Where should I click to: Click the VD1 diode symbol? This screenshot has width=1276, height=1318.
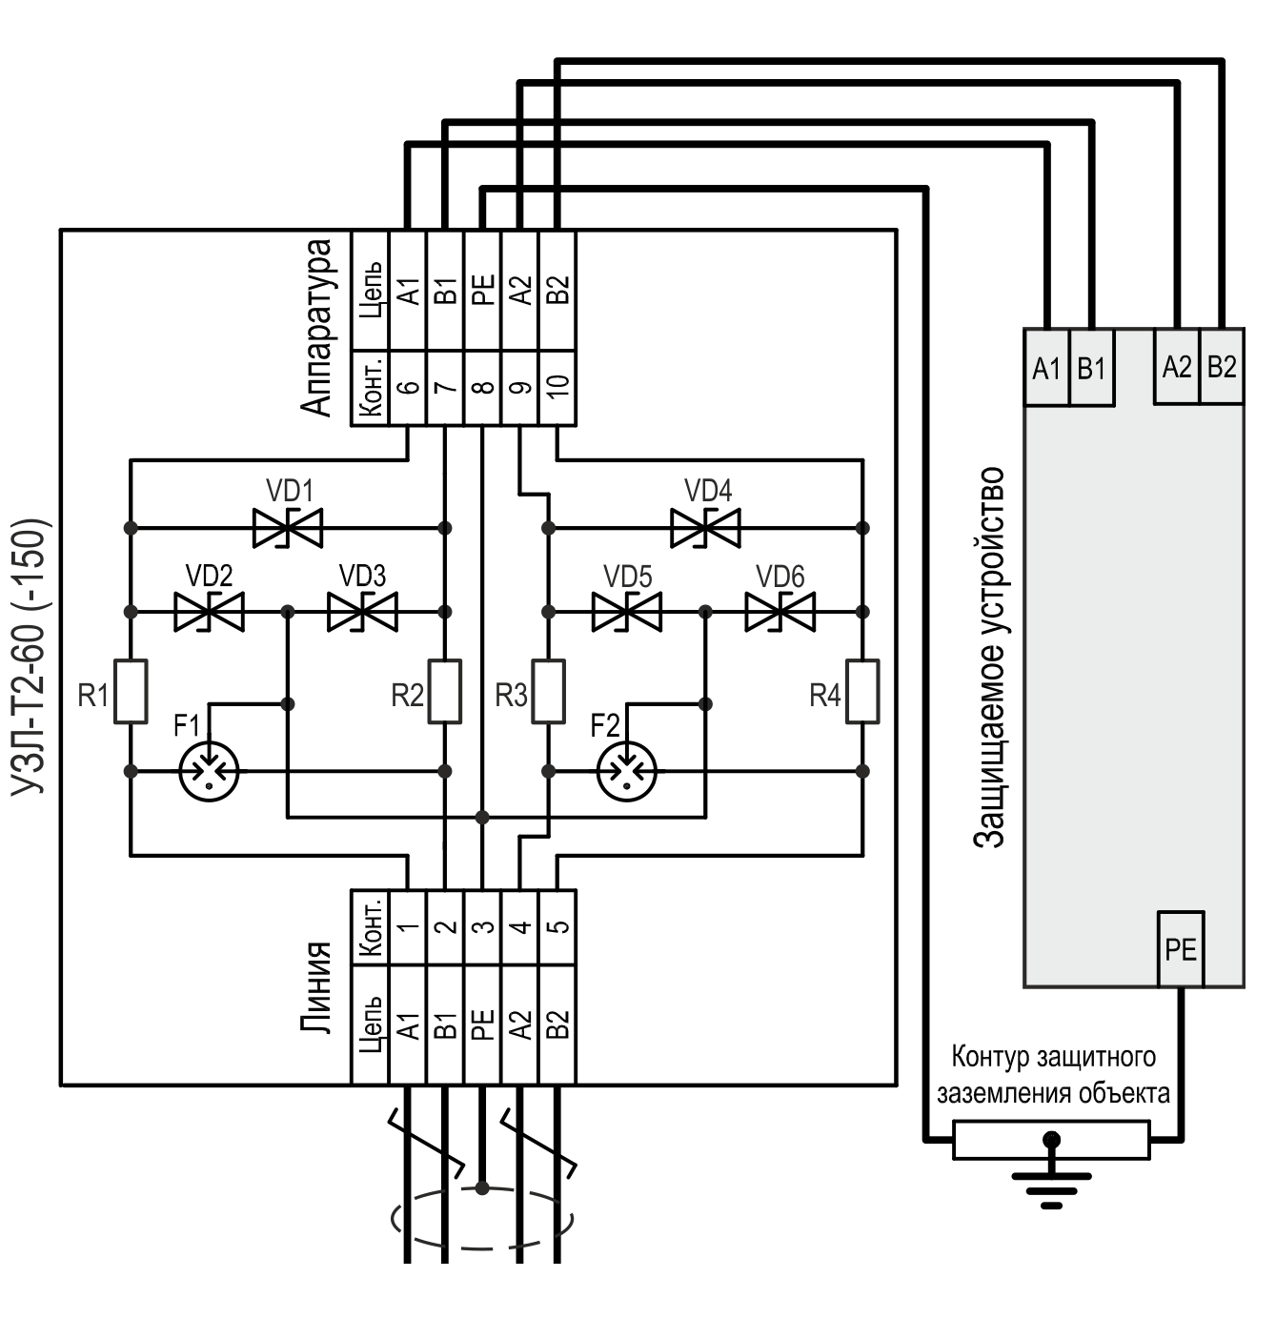[x=288, y=527]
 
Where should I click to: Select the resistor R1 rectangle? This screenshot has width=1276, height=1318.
[x=131, y=690]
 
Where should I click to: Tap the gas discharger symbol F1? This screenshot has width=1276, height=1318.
[x=209, y=770]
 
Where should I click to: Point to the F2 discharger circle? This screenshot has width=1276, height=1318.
[x=626, y=770]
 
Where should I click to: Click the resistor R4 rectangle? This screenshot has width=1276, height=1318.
[x=862, y=690]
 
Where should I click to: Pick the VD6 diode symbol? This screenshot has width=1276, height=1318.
[x=780, y=611]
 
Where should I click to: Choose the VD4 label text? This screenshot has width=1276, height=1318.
[x=708, y=491]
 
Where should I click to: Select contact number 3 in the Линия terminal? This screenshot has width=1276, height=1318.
[x=483, y=926]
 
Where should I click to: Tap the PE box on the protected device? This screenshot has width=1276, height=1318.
[x=1181, y=949]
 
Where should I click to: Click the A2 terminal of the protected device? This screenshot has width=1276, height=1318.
[x=1177, y=367]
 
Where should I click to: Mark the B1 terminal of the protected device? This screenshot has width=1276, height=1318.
[x=1091, y=368]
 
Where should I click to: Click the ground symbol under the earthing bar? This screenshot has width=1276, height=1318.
[x=1051, y=1182]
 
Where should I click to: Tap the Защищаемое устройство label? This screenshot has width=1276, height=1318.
[x=991, y=658]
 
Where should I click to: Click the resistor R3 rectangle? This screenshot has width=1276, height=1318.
[x=548, y=690]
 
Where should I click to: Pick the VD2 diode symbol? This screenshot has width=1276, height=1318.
[x=209, y=611]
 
